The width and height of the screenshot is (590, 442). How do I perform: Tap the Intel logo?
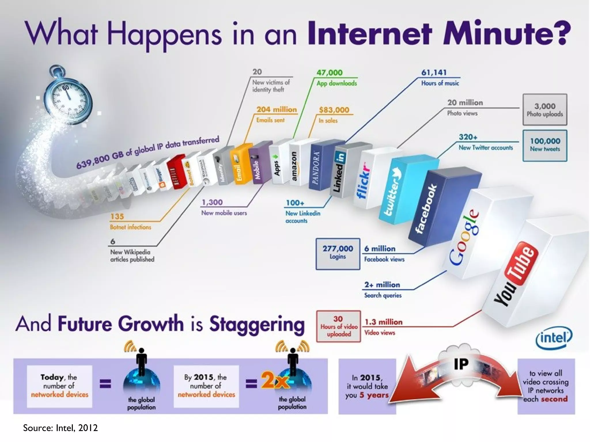554,337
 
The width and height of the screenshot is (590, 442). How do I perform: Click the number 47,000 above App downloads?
330,73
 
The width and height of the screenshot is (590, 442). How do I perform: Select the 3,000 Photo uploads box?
545,110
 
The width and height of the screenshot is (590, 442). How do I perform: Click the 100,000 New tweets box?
545,145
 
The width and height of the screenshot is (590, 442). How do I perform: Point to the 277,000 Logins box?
338,254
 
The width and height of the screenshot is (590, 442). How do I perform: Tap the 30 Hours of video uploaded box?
339,326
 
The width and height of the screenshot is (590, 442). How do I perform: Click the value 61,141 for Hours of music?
434,73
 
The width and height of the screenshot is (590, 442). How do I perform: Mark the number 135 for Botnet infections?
117,216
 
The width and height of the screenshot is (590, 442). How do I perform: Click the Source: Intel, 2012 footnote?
60,428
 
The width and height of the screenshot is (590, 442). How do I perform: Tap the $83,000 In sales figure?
334,110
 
